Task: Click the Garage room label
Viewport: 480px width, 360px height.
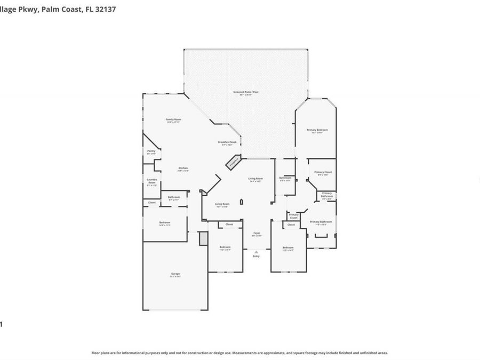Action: [175, 274]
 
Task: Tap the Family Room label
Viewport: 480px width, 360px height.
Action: [173, 119]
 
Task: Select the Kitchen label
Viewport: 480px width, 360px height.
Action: [183, 169]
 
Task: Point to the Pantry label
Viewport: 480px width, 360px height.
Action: [151, 151]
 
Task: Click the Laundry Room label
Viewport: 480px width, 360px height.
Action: [152, 181]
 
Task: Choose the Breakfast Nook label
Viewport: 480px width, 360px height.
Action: [227, 142]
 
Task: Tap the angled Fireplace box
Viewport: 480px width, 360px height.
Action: [234, 163]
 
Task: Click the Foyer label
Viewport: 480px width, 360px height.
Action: [257, 233]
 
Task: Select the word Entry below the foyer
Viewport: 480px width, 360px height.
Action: [257, 256]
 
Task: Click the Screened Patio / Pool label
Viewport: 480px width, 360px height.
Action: [246, 92]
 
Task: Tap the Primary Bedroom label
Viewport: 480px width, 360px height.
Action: [317, 130]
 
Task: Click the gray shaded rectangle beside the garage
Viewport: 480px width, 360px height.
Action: [203, 238]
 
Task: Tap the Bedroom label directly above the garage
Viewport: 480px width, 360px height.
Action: [164, 222]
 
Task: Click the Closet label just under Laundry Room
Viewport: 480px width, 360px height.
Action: [152, 203]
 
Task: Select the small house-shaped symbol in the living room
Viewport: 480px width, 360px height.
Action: [241, 202]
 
